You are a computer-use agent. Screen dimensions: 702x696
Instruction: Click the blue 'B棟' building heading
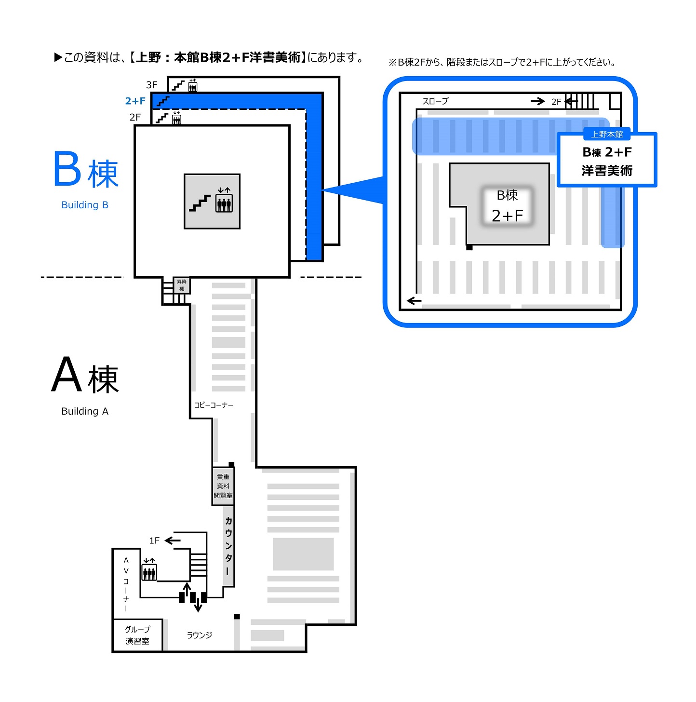[x=86, y=170]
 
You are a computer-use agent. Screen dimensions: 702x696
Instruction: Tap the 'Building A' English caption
[x=85, y=411]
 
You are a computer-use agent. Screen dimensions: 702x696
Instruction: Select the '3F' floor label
[x=151, y=85]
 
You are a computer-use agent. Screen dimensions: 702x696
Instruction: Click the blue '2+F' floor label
[x=135, y=101]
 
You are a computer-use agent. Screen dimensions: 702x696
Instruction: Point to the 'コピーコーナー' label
[x=214, y=405]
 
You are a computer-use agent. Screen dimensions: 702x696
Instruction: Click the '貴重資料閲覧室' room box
[x=223, y=486]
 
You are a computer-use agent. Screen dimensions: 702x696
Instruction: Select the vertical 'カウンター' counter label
[x=228, y=545]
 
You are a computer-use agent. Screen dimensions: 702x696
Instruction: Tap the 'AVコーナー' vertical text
[x=126, y=584]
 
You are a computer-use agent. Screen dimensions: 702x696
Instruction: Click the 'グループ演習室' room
[x=137, y=635]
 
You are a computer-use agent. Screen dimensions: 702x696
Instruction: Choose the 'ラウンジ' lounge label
[x=200, y=635]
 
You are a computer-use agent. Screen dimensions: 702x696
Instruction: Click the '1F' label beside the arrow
[x=154, y=540]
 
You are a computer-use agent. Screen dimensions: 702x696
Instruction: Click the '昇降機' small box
[x=182, y=285]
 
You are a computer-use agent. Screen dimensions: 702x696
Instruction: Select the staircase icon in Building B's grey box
[x=200, y=202]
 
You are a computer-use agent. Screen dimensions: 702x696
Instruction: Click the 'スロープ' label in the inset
[x=435, y=101]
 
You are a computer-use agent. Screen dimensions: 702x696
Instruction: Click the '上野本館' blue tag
[x=607, y=135]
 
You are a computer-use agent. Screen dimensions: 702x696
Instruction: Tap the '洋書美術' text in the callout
[x=607, y=171]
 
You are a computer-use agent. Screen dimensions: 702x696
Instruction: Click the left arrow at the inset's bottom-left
[x=414, y=301]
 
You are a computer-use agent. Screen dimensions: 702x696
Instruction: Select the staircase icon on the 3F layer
[x=178, y=86]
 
